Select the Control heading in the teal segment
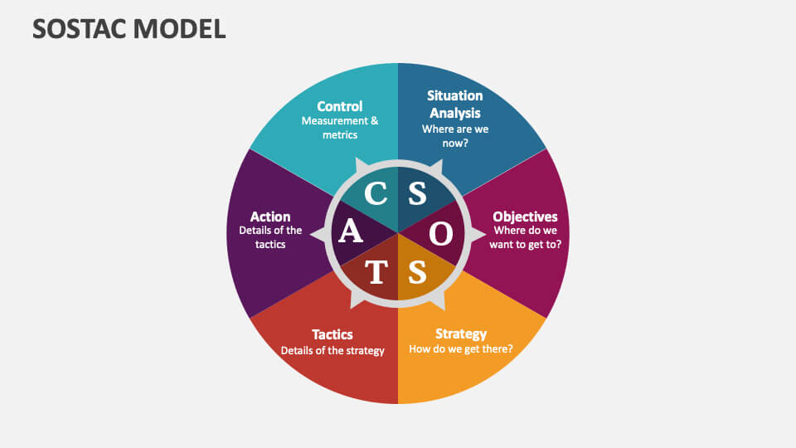(x=340, y=106)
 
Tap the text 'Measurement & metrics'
(x=340, y=128)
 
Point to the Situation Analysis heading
(x=454, y=104)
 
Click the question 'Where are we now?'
(x=454, y=136)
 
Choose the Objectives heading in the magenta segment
(x=526, y=217)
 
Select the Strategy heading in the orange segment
(x=461, y=334)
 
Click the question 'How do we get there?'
(x=461, y=349)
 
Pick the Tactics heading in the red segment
(x=332, y=334)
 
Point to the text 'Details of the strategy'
(x=332, y=350)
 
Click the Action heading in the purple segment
(x=270, y=217)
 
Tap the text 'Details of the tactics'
(x=270, y=237)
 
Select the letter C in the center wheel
(x=376, y=194)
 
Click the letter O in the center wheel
(x=442, y=234)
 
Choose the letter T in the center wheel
(x=376, y=272)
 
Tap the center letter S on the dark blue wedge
(x=417, y=194)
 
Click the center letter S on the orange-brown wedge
(x=417, y=272)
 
